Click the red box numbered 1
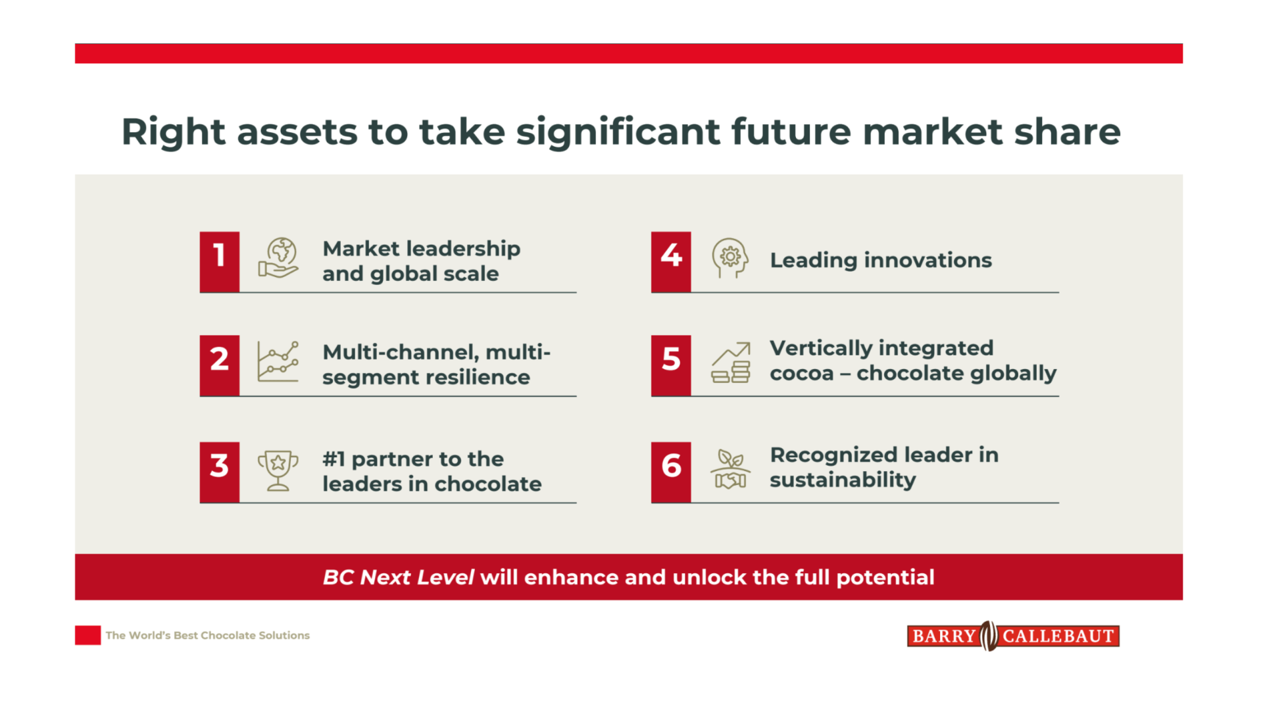point(220,261)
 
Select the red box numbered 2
point(220,365)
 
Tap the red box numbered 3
point(220,472)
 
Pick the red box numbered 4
point(671,261)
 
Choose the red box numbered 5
point(671,365)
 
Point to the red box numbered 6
point(671,472)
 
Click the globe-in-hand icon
point(278,259)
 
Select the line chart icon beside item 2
point(278,362)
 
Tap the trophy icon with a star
point(278,470)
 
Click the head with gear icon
point(730,258)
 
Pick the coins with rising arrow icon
point(730,363)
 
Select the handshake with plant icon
point(730,469)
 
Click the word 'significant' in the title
point(618,132)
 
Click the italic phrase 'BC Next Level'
point(398,577)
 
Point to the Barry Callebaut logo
point(1013,636)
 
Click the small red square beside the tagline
point(87,635)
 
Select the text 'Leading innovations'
point(880,261)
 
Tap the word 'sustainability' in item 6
point(842,480)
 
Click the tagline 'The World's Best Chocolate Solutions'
point(207,636)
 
